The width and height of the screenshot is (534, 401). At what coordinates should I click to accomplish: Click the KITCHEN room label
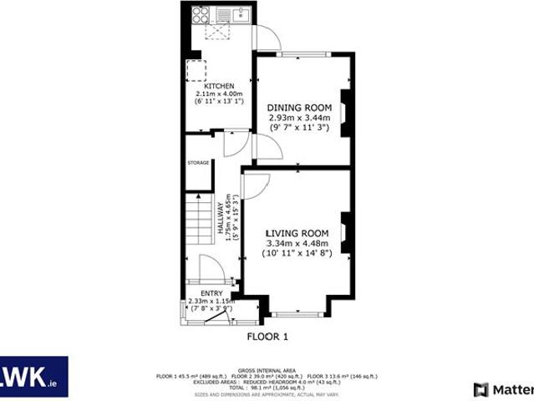(219, 86)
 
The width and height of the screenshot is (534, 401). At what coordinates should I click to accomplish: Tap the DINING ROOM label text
(299, 109)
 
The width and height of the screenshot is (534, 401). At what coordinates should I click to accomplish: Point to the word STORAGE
(198, 162)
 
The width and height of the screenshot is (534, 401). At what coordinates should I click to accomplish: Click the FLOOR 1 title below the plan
(267, 337)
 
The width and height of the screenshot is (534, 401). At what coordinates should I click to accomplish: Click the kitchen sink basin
(241, 13)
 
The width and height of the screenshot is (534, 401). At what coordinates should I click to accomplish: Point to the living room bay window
(298, 314)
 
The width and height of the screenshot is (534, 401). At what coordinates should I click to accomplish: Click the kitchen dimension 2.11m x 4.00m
(219, 94)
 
